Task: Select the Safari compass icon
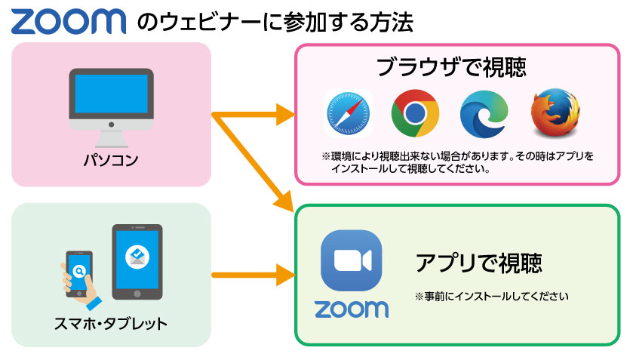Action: pyautogui.click(x=349, y=115)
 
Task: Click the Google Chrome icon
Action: pyautogui.click(x=415, y=115)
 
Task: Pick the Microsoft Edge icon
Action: pyautogui.click(x=484, y=115)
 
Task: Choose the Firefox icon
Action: pyautogui.click(x=555, y=115)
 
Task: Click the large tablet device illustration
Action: pyautogui.click(x=137, y=261)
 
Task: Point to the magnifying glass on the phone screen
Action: pyautogui.click(x=78, y=269)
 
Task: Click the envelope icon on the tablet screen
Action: pyautogui.click(x=137, y=257)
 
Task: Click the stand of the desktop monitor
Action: pyautogui.click(x=111, y=137)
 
